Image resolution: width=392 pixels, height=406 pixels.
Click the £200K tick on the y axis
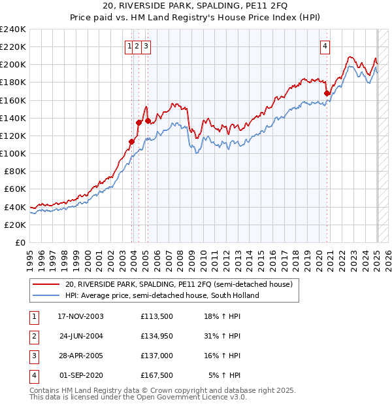tap(13, 65)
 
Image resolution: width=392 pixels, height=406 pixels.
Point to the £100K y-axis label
tap(13, 153)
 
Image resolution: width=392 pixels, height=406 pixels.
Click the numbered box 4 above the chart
tap(325, 46)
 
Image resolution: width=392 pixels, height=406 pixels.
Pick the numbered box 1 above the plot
tap(130, 46)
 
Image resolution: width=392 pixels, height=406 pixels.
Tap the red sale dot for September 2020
tap(327, 94)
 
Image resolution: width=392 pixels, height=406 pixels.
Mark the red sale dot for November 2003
tap(132, 141)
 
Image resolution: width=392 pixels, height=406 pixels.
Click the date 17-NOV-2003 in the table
tap(81, 316)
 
